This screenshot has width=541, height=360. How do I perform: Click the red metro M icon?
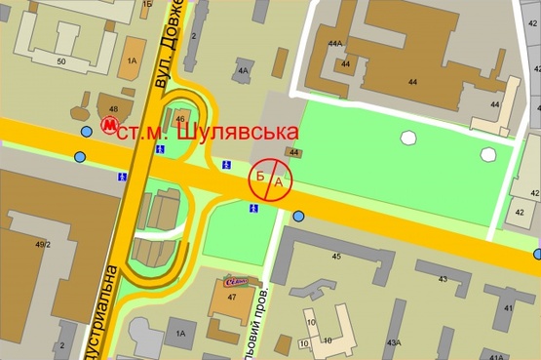[x=109, y=126]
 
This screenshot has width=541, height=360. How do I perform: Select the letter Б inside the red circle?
[x=260, y=177]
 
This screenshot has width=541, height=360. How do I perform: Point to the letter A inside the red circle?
[x=279, y=181]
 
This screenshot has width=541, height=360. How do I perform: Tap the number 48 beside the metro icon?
[x=113, y=108]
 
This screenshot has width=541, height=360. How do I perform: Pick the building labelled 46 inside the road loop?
[x=180, y=119]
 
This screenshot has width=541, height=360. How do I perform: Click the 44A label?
[x=335, y=44]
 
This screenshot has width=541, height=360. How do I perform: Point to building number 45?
[x=336, y=257]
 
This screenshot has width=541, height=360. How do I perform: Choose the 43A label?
[x=394, y=342]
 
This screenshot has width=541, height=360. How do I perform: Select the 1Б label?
[x=147, y=4]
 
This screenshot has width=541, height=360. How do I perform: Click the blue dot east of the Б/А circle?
[x=299, y=216]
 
